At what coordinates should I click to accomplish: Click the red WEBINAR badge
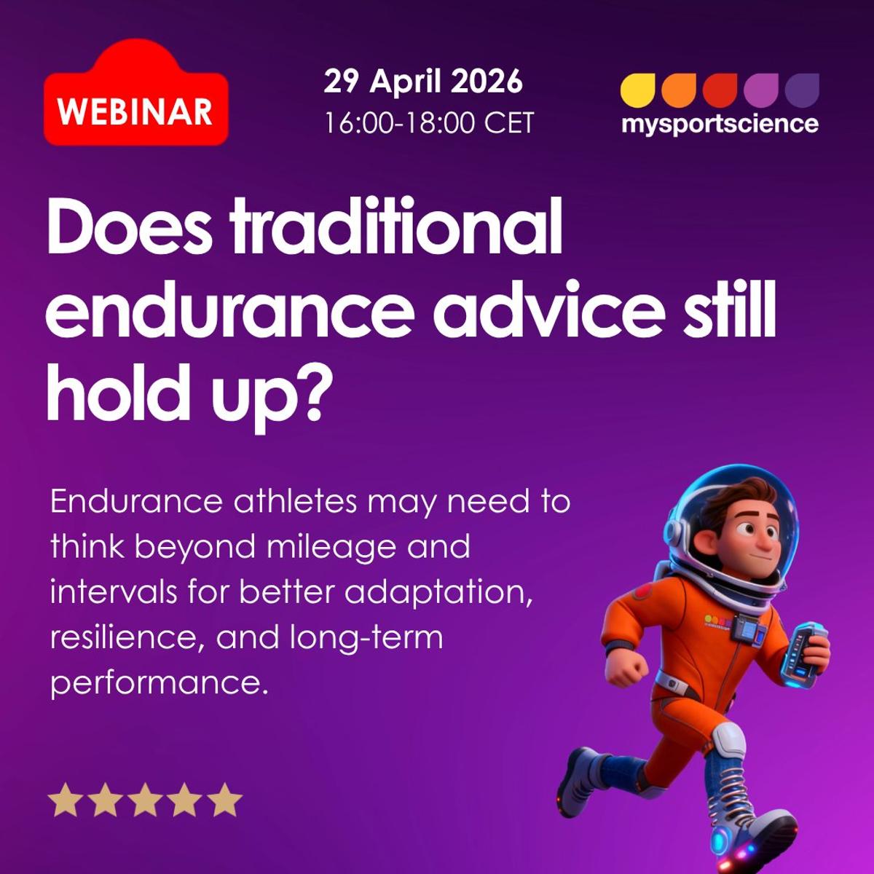click(135, 109)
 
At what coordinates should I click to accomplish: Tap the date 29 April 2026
click(423, 82)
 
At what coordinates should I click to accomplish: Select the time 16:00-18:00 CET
click(429, 122)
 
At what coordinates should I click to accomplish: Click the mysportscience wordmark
click(720, 124)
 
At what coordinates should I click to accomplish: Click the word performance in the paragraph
click(154, 684)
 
